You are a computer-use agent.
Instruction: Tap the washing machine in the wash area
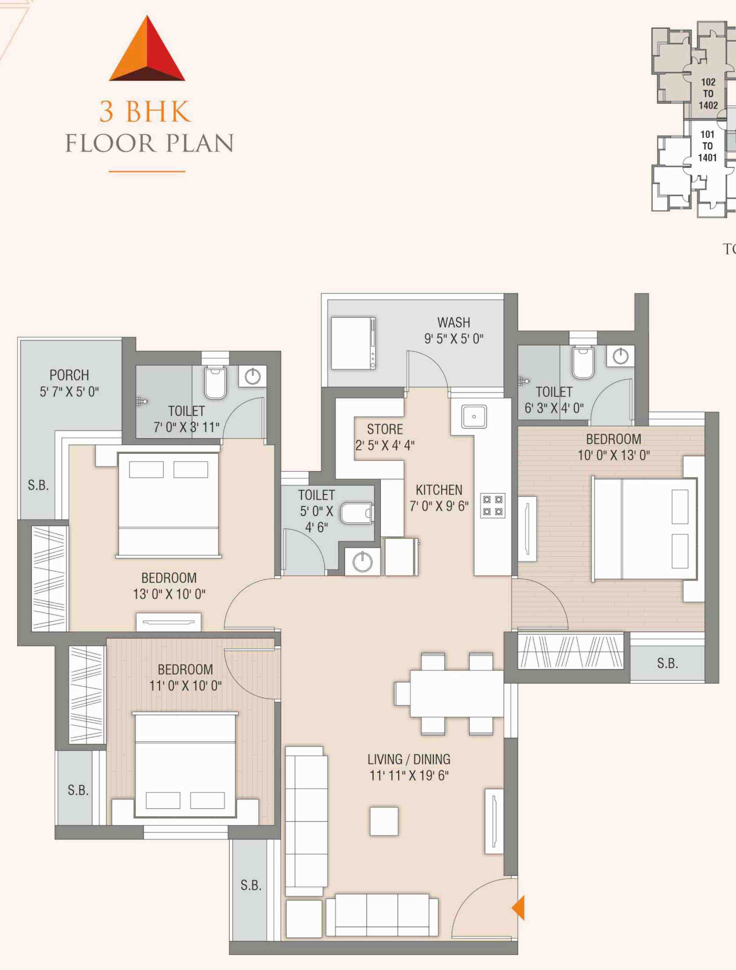tap(353, 343)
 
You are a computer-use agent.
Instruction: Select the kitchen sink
tap(474, 417)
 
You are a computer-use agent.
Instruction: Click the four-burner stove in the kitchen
tap(493, 505)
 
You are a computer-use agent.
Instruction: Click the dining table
tap(457, 693)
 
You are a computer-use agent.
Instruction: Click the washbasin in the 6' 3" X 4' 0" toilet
tap(621, 356)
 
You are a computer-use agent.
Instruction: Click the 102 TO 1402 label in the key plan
tap(709, 93)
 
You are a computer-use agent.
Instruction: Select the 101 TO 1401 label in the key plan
tap(708, 146)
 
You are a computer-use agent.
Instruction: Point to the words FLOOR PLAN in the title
tap(150, 143)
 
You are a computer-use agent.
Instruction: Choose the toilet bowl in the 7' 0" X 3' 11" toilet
tap(215, 382)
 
